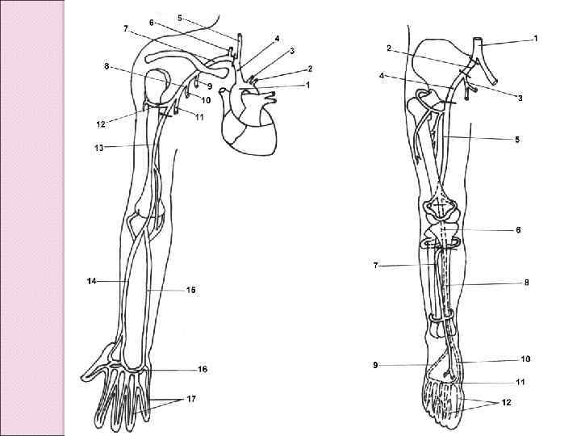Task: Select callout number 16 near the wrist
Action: click(x=202, y=370)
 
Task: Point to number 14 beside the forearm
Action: click(x=92, y=281)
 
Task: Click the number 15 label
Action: click(x=191, y=289)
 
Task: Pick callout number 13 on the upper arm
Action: click(x=98, y=147)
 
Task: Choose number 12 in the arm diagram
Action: click(x=101, y=124)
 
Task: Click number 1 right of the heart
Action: click(x=307, y=84)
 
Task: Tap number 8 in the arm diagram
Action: click(x=107, y=67)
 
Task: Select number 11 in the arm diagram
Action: click(x=199, y=117)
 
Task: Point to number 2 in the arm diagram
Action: click(x=309, y=69)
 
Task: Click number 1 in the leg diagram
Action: click(x=536, y=38)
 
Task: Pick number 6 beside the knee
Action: click(x=519, y=230)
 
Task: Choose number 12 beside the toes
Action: click(x=507, y=401)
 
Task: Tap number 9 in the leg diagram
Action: click(x=376, y=365)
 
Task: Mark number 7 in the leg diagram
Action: click(x=376, y=265)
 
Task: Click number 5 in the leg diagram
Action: click(x=518, y=140)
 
